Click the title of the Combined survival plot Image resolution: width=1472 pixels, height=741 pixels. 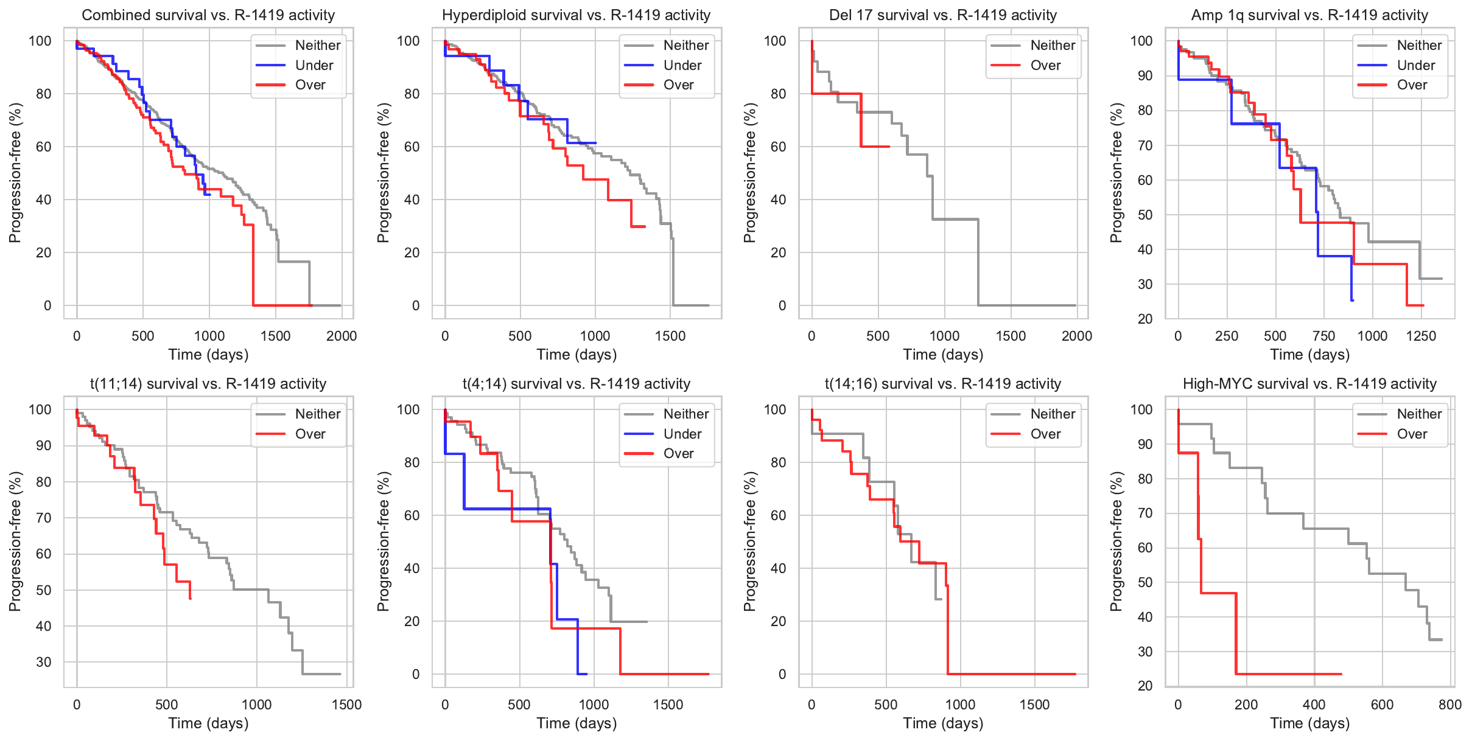208,15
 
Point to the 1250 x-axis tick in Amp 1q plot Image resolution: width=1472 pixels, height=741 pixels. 1421,336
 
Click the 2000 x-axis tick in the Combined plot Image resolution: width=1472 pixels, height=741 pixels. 342,336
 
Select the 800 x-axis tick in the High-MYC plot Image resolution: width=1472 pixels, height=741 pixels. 1450,704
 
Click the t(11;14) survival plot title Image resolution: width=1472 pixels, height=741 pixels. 208,384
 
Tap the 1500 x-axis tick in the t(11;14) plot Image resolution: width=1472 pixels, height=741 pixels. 346,704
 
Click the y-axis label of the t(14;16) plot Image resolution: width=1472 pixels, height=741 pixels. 749,541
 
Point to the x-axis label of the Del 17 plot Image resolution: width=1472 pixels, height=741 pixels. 943,355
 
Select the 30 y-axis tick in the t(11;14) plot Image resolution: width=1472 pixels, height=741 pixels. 44,662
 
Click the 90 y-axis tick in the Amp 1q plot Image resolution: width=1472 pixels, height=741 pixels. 1145,75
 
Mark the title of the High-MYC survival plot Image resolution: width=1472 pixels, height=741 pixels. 1309,384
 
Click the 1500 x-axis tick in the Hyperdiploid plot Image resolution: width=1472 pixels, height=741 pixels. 670,336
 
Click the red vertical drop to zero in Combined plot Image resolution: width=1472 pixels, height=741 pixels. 253,268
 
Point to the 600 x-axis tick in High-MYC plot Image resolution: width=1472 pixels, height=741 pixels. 1382,704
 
